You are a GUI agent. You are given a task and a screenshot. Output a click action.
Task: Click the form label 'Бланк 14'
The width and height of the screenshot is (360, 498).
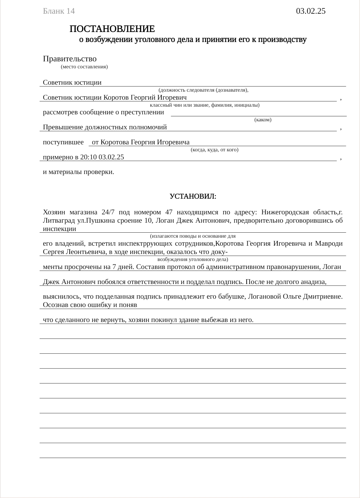pyautogui.click(x=59, y=11)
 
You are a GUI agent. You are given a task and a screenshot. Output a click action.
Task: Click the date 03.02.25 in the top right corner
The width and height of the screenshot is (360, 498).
pyautogui.click(x=311, y=11)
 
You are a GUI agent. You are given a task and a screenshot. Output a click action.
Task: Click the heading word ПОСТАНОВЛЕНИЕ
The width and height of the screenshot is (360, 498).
pyautogui.click(x=112, y=29)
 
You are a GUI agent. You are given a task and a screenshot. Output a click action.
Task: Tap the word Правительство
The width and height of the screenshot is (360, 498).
pyautogui.click(x=70, y=59)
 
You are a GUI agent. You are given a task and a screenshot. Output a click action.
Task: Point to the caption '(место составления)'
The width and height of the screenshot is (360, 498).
pyautogui.click(x=84, y=67)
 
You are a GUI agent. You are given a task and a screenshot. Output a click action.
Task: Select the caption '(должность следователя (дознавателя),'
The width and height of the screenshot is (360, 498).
pyautogui.click(x=203, y=90)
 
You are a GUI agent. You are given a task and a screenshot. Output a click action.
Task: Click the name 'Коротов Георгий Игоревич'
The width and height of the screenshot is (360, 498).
pyautogui.click(x=145, y=98)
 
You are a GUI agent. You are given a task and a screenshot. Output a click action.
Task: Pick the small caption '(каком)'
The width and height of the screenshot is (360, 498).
pyautogui.click(x=263, y=120)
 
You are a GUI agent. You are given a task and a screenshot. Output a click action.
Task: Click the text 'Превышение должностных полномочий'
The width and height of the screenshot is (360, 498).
pyautogui.click(x=105, y=127)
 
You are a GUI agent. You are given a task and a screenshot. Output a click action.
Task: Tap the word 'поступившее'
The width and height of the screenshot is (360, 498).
pyautogui.click(x=63, y=143)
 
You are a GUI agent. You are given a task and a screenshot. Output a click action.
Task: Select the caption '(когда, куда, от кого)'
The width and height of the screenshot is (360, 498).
pyautogui.click(x=214, y=150)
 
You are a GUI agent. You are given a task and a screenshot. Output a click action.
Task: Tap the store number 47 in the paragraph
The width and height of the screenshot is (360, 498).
pyautogui.click(x=169, y=212)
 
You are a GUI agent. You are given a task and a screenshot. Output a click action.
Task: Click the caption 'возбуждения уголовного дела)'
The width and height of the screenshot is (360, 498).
pyautogui.click(x=193, y=259)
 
